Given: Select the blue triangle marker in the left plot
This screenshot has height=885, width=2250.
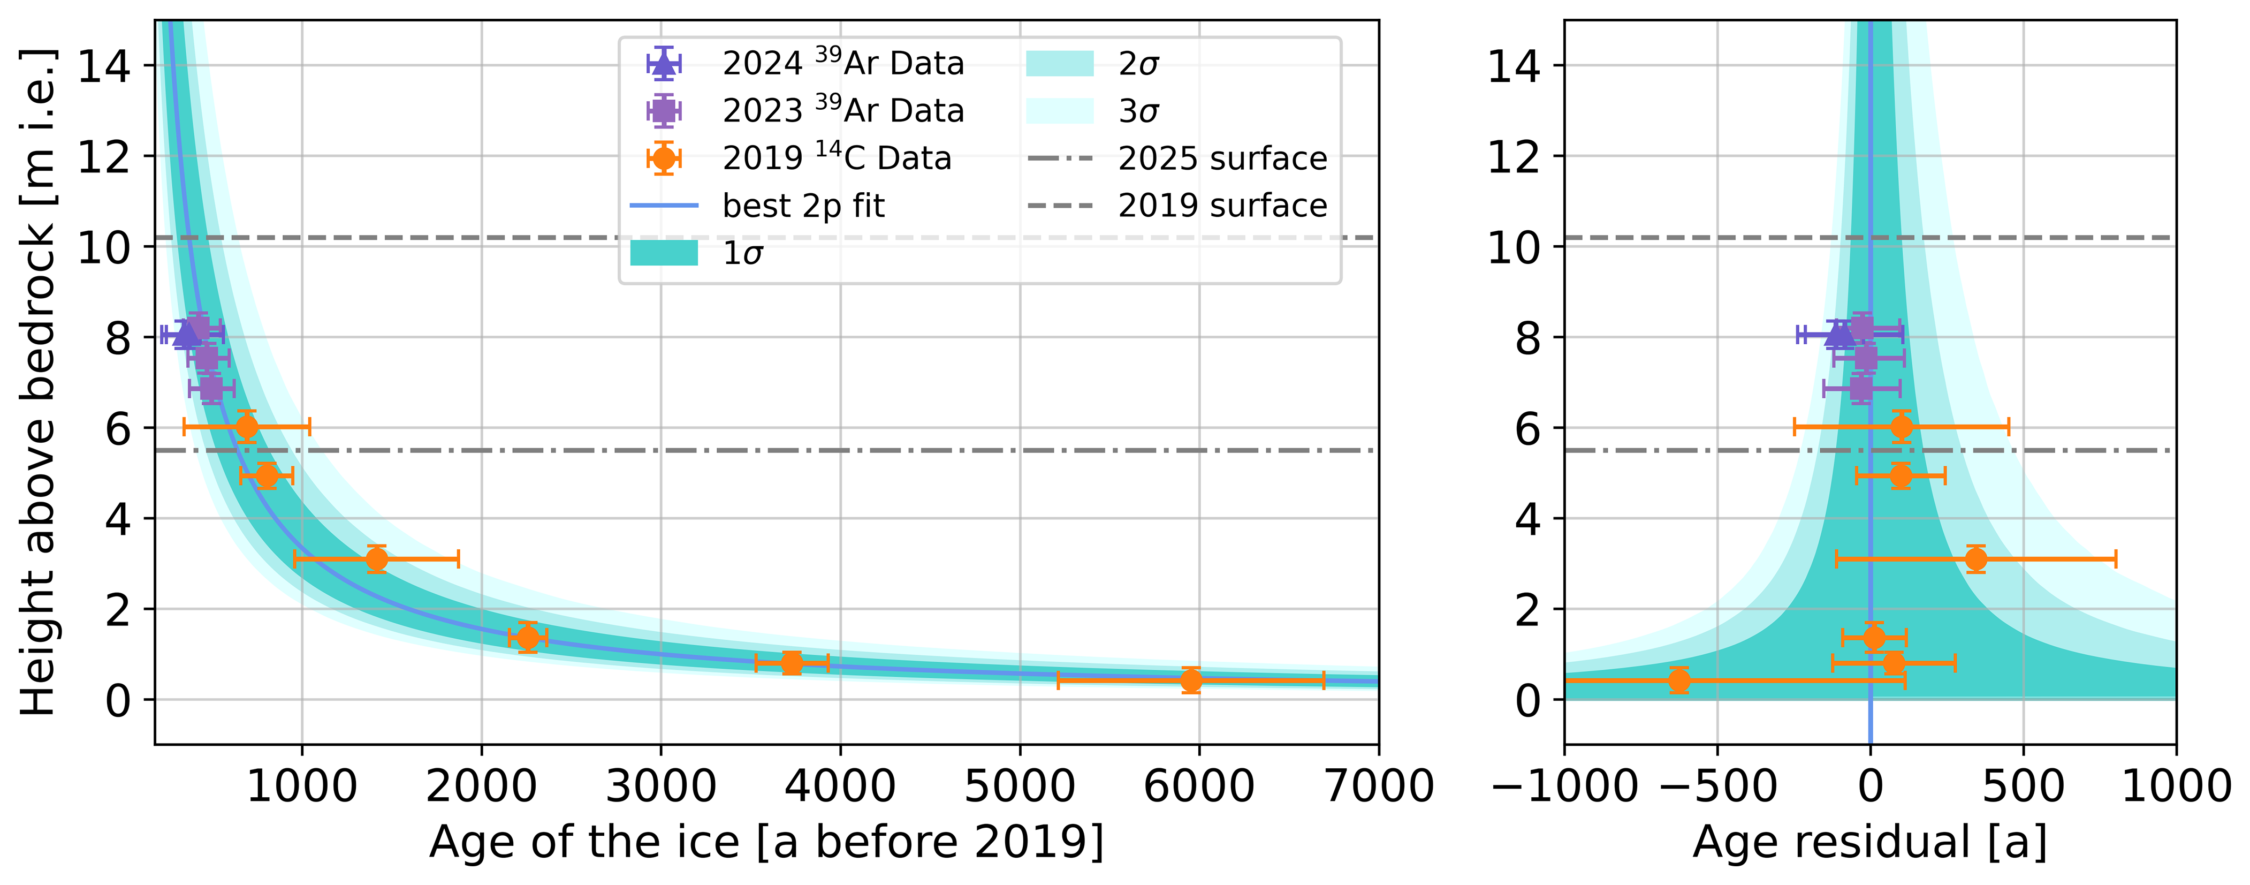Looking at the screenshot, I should click(x=186, y=334).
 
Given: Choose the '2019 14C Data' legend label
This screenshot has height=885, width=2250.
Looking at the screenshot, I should click(x=836, y=158).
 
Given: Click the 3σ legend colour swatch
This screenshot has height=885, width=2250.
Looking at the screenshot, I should click(x=1060, y=111).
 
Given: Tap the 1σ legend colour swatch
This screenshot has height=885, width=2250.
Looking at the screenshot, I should click(x=664, y=253).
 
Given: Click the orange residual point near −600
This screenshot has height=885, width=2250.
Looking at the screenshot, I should click(x=1679, y=680).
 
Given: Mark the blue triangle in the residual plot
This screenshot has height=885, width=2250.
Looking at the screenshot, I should click(x=1839, y=334).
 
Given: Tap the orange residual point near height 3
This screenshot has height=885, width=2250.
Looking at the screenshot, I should click(x=1976, y=558).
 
